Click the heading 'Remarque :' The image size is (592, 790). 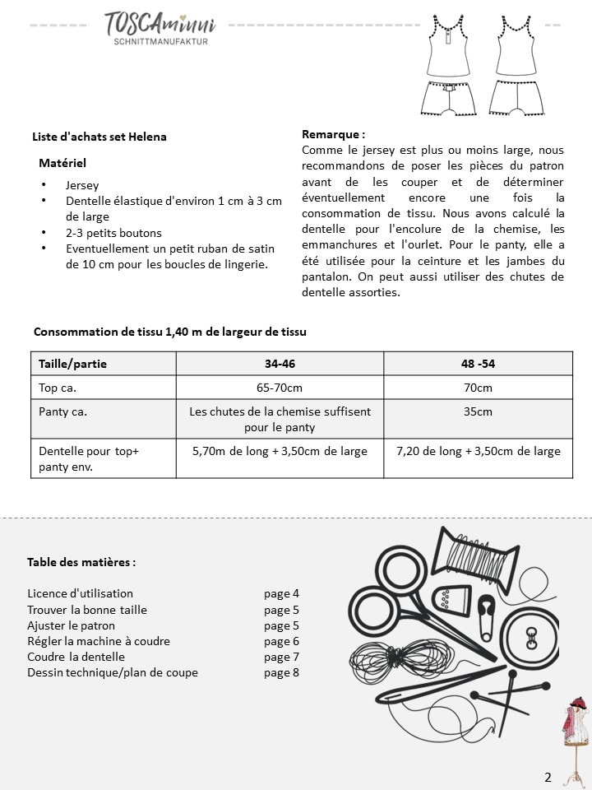pos(333,134)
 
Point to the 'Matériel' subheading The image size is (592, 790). pos(62,163)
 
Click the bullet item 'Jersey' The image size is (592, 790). pos(82,186)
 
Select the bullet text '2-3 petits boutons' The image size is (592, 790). pos(113,233)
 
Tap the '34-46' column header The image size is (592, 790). pos(280,363)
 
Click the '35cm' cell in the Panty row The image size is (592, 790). pos(478,411)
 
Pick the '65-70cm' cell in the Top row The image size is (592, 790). pos(280,388)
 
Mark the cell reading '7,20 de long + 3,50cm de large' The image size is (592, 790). pos(478,451)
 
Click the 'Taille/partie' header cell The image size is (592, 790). pos(73,363)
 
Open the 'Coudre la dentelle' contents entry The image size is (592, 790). pos(76,657)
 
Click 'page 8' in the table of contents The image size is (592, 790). pos(281,672)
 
